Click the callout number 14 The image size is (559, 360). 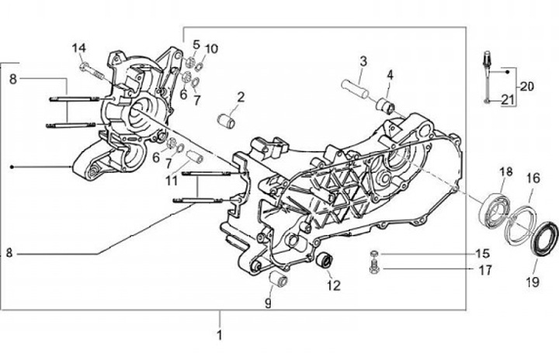(x=78, y=48)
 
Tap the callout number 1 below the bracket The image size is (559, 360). (x=220, y=335)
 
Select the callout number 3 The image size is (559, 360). (x=363, y=61)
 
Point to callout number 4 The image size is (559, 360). (x=391, y=74)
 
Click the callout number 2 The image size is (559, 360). (x=241, y=97)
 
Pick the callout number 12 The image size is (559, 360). (x=333, y=285)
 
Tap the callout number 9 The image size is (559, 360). (x=267, y=303)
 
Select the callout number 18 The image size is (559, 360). (x=505, y=171)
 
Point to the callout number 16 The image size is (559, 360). (x=533, y=178)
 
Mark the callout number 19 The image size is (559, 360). (x=532, y=282)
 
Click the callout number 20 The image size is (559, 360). (x=527, y=85)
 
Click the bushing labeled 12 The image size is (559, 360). (x=325, y=261)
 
